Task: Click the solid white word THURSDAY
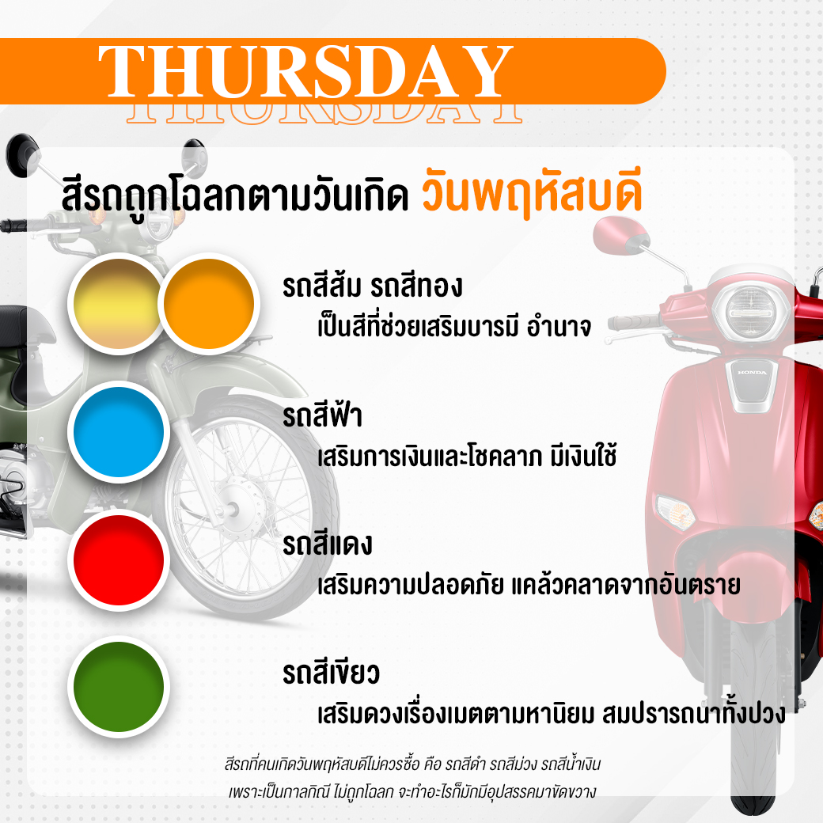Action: [x=305, y=71]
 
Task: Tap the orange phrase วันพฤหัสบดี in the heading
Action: [x=533, y=190]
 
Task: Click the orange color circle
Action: [x=209, y=304]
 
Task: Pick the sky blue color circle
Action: [x=119, y=432]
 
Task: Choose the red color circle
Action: [x=119, y=559]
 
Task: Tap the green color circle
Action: [x=119, y=687]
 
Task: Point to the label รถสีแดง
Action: [x=328, y=544]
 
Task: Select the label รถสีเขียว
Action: [x=332, y=672]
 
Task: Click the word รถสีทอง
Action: [x=416, y=286]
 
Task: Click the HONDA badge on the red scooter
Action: [x=752, y=373]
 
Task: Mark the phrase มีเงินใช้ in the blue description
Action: [x=583, y=456]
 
